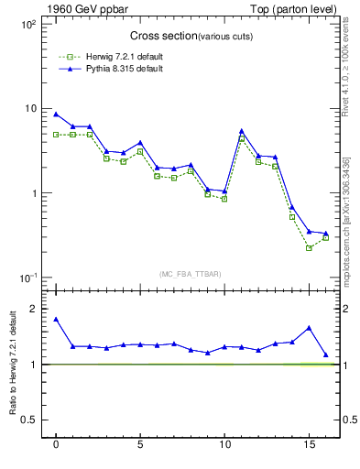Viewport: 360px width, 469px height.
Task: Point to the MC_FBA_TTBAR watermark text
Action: (x=184, y=274)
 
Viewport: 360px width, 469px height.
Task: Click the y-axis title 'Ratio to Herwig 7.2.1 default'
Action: (x=14, y=365)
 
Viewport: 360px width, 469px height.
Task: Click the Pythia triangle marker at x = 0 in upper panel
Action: (x=56, y=115)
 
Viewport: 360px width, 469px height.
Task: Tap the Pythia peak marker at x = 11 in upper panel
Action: (x=241, y=131)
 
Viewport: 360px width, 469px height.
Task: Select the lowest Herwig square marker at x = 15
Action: (x=309, y=247)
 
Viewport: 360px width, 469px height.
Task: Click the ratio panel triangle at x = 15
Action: (x=309, y=327)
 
